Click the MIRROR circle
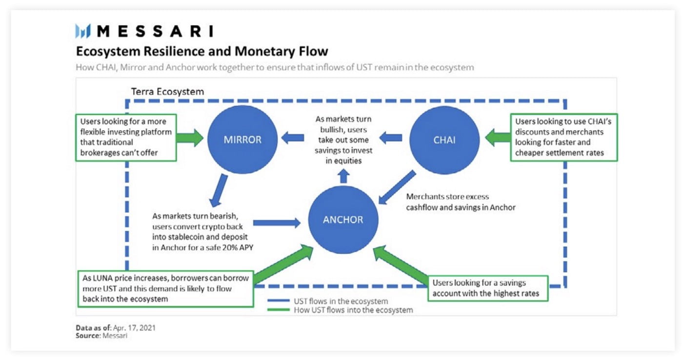[242, 140]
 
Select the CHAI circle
[444, 140]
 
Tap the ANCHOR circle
[343, 220]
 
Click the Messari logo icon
[83, 32]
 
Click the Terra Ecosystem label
[167, 92]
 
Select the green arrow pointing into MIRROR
[190, 138]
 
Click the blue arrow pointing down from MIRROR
[218, 191]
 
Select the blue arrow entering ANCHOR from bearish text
[277, 223]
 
